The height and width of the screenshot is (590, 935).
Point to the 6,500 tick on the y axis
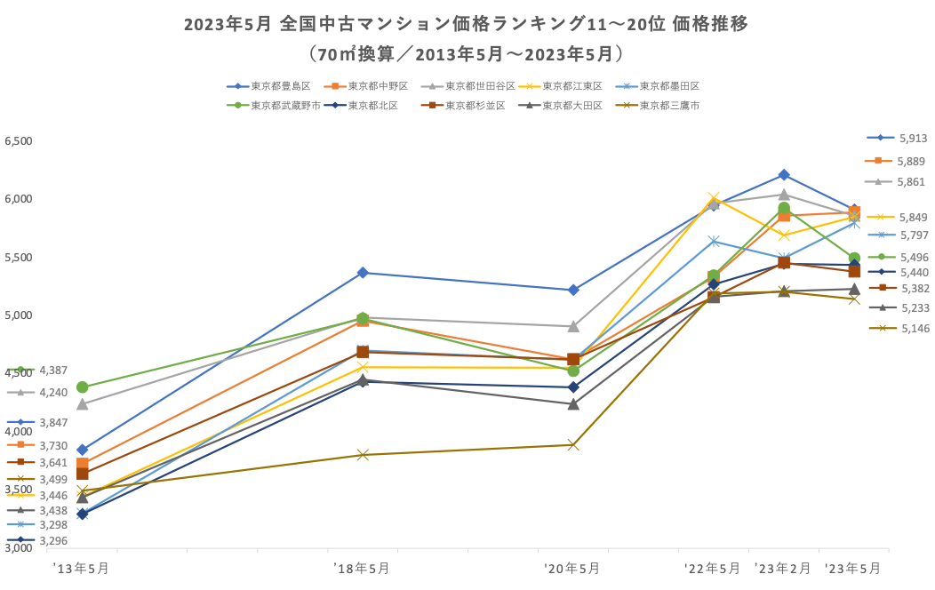(18, 141)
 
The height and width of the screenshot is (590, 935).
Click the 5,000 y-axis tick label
(18, 315)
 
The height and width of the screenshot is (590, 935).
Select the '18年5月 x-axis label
(361, 568)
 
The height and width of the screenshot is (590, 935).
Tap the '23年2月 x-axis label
(782, 568)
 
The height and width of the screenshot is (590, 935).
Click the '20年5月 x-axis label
(571, 568)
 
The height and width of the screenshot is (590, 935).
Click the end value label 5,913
(913, 138)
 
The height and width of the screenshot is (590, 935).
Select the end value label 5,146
(913, 328)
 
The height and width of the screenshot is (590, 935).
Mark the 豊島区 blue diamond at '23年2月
(784, 175)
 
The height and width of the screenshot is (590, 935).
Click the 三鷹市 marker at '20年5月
(573, 444)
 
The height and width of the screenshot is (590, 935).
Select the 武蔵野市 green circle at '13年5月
(83, 387)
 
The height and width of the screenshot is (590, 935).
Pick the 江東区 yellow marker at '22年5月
(713, 198)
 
